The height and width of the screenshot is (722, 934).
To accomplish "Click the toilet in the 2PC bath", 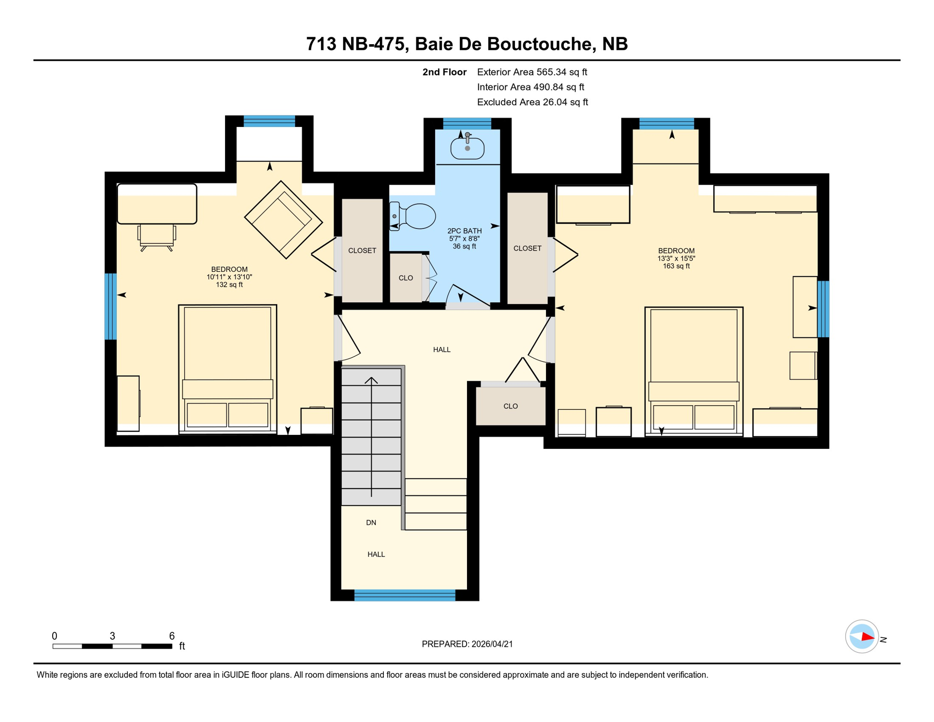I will point(413,216).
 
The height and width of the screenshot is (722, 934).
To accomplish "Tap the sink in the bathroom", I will point(467,149).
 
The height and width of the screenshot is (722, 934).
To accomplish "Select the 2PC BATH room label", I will point(464,231).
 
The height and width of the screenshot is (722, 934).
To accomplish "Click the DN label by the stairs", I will point(371,523).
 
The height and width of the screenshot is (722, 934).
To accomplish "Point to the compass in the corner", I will point(862,637).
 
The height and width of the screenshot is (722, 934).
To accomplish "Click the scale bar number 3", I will point(112,636).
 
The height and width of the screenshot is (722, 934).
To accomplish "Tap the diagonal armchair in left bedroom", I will point(283,220).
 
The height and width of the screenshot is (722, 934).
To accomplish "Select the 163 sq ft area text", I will point(676,266).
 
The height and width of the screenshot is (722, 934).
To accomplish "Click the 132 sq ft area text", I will point(229,285).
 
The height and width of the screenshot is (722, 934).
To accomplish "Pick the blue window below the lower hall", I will point(405,596).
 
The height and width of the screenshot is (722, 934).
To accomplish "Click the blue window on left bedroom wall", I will point(110,306).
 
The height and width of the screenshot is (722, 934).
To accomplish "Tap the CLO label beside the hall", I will point(510,406).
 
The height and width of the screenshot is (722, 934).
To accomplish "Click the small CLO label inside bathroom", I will point(405,278).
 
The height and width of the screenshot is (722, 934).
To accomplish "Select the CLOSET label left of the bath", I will point(362,251).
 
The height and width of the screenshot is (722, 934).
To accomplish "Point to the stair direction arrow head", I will point(371,379).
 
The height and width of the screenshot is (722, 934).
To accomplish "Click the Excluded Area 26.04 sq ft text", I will point(532,102).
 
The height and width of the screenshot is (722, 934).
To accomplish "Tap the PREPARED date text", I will point(467,644).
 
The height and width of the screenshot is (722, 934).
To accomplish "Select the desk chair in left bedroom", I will point(156,237).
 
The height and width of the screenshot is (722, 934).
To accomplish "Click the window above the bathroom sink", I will point(467,124).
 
